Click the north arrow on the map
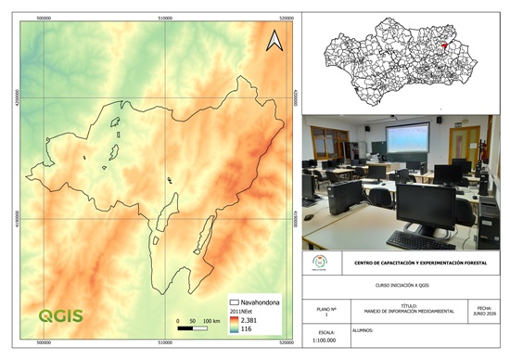pyautogui.click(x=274, y=40)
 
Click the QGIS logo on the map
pyautogui.click(x=60, y=315)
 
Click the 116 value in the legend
pyautogui.click(x=247, y=329)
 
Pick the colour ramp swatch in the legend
pyautogui.click(x=232, y=324)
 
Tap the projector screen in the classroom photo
pyautogui.click(x=408, y=138)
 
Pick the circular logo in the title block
pyautogui.click(x=318, y=264)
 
